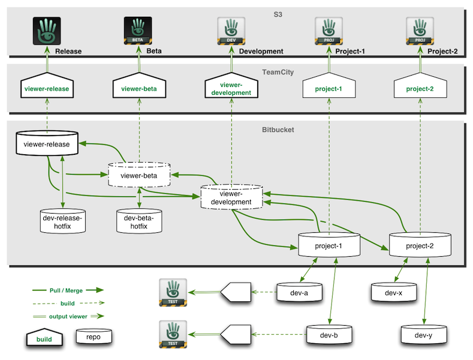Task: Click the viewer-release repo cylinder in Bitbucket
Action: point(47,144)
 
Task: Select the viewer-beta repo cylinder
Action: point(139,175)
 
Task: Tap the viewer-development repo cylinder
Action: point(231,197)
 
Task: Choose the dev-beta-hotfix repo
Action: point(139,221)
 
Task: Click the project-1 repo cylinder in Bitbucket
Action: point(328,246)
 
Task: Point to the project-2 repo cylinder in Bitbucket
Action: point(420,246)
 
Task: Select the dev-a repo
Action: point(300,293)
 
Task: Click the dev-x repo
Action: point(393,293)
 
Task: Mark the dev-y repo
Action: point(424,335)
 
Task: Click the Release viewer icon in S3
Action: point(46,29)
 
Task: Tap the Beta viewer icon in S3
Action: point(138,29)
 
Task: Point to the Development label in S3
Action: point(261,52)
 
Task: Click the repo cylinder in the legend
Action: point(93,337)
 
